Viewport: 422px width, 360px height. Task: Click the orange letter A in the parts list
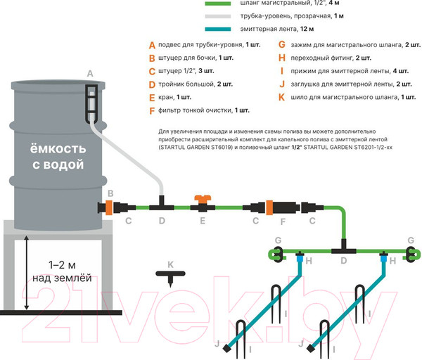click(x=152, y=45)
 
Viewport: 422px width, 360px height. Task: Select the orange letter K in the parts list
click(x=282, y=97)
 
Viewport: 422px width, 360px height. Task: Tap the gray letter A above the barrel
click(x=89, y=74)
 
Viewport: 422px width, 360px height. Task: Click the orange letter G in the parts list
click(x=282, y=45)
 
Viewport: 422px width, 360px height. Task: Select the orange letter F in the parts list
click(x=152, y=110)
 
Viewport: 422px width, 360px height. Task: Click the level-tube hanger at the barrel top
click(x=91, y=102)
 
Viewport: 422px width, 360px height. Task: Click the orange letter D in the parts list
click(x=152, y=84)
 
